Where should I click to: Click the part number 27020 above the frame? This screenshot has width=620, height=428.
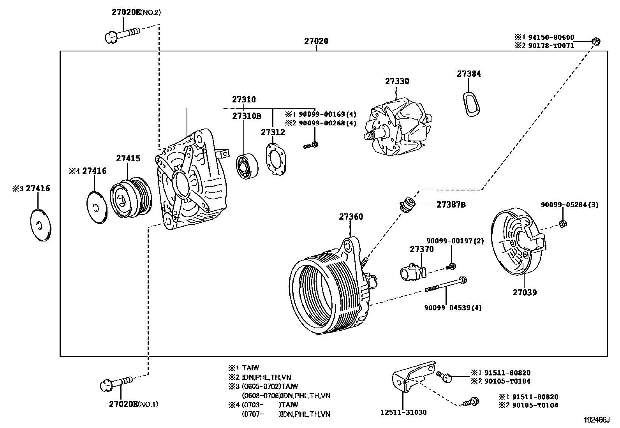(316, 41)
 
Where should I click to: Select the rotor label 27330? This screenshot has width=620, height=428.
(397, 81)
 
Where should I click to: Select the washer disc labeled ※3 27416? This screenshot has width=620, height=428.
(40, 225)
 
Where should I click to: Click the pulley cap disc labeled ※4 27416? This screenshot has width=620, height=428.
(96, 207)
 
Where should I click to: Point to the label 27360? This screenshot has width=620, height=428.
(351, 217)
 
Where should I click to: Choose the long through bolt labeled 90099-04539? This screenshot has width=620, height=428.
(446, 285)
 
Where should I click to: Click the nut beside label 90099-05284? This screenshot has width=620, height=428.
(562, 224)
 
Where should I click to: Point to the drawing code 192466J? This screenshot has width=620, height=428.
(596, 420)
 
